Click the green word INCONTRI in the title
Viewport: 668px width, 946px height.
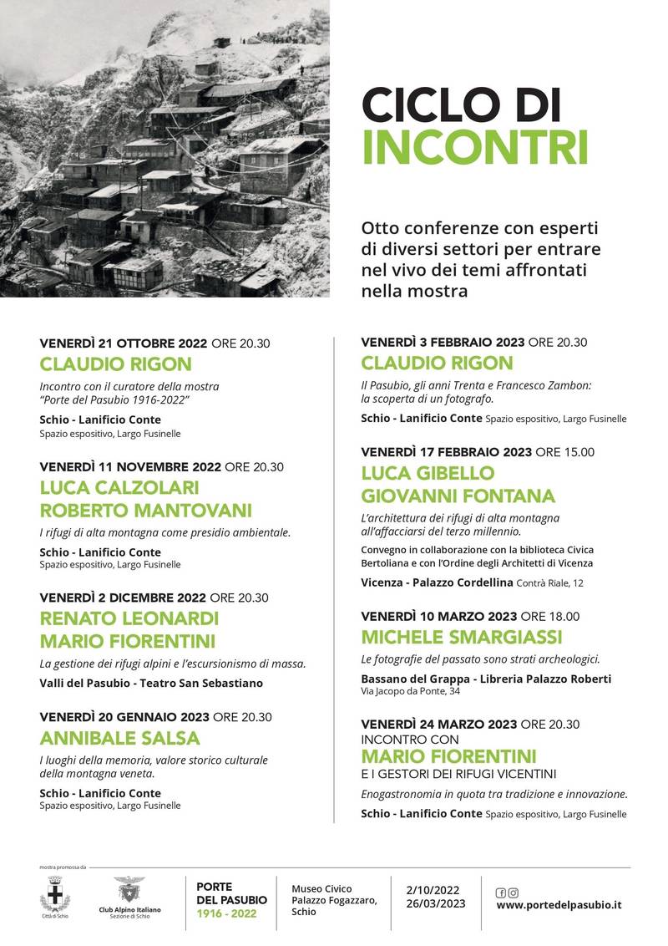point(475,147)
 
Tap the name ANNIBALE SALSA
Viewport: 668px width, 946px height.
point(119,738)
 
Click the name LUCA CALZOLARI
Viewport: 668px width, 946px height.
point(119,487)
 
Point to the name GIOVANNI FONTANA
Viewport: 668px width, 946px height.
point(458,495)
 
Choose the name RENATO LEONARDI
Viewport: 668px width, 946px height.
point(129,619)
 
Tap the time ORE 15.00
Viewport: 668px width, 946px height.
point(565,452)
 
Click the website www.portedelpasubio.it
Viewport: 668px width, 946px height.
point(559,904)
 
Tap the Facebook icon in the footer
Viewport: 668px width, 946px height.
point(501,892)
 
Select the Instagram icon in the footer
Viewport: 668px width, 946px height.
point(513,892)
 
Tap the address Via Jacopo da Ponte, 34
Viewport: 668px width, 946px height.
point(409,691)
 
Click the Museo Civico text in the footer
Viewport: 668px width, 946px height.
point(321,888)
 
